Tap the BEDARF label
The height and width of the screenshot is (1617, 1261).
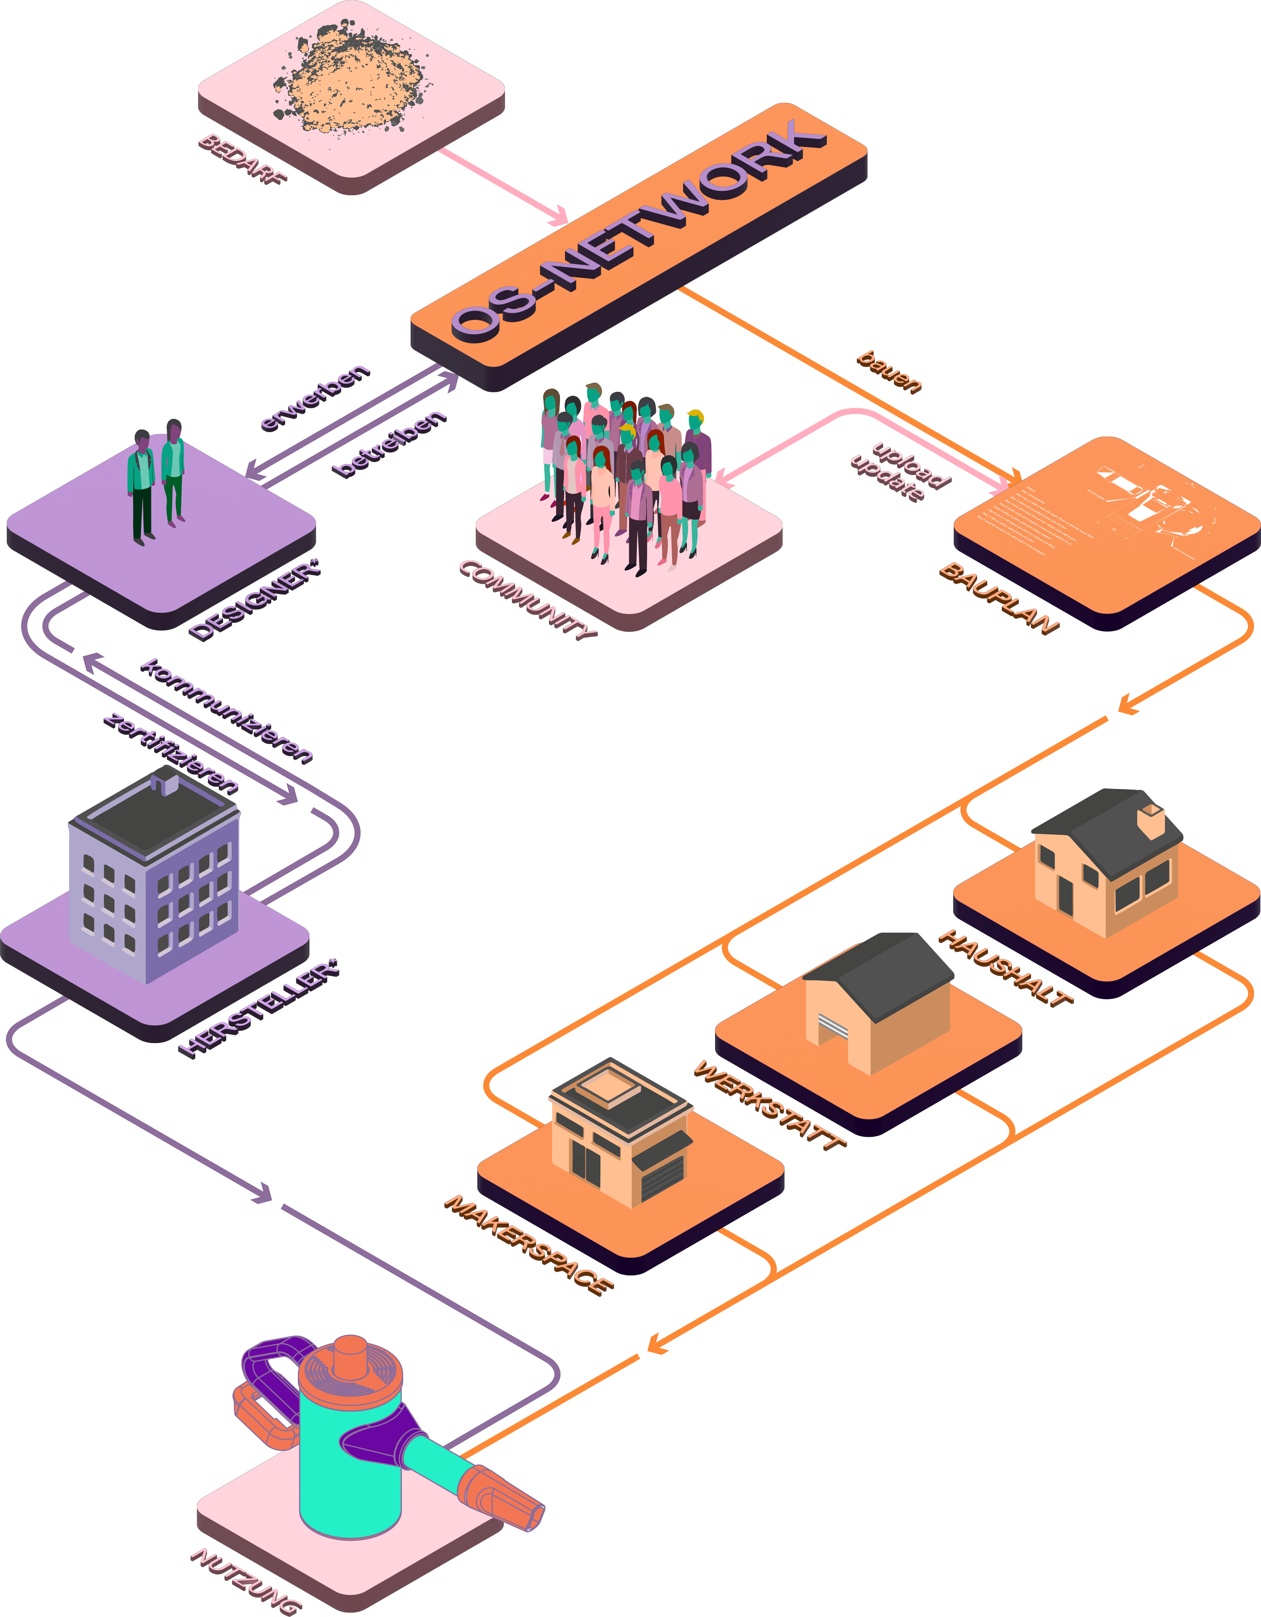(x=242, y=158)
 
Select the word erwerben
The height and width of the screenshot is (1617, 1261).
(x=315, y=398)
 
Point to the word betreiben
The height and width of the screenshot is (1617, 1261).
(x=390, y=444)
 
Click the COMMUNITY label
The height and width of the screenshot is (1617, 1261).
(x=528, y=600)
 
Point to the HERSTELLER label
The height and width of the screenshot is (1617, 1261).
(x=259, y=1008)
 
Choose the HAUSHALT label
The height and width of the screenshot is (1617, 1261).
(x=1005, y=967)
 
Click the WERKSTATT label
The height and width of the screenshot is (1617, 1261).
(x=770, y=1104)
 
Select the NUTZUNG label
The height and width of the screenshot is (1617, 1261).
(x=246, y=1580)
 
